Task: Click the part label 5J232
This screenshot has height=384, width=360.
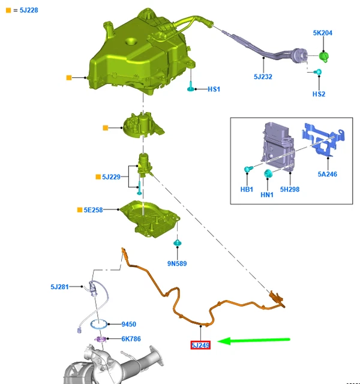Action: pos(263,77)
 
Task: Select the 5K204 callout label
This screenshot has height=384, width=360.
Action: pos(322,33)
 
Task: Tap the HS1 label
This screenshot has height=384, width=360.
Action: pos(214,89)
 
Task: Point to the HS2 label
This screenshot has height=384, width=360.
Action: pos(319,94)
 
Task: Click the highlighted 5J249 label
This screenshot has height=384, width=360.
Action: pos(200,345)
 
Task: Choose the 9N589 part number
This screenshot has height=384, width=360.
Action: pos(177,263)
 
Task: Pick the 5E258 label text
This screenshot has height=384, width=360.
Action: pos(94,210)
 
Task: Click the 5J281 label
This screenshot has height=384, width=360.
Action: pos(60,287)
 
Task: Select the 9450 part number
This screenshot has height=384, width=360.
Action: pos(129,324)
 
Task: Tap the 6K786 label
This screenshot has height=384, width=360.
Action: pos(131,339)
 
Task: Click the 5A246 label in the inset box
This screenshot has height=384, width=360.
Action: pos(327,175)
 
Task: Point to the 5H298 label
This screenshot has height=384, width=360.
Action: pos(290,190)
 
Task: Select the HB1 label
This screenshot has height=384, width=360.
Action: pos(247,190)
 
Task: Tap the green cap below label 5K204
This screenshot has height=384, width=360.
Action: pos(325,57)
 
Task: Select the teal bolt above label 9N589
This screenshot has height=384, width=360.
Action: pos(177,244)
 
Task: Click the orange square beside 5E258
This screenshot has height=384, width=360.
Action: pos(79,210)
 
